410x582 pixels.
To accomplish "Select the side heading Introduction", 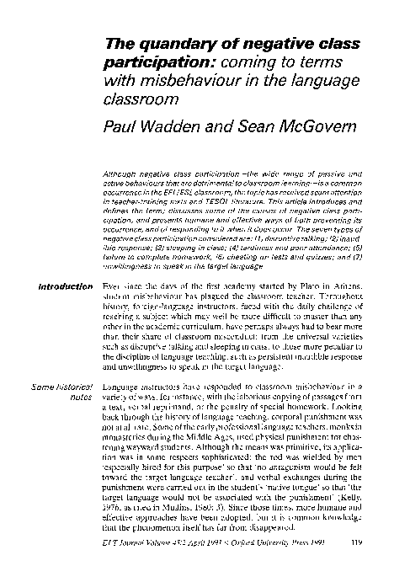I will pyautogui.click(x=56, y=288).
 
